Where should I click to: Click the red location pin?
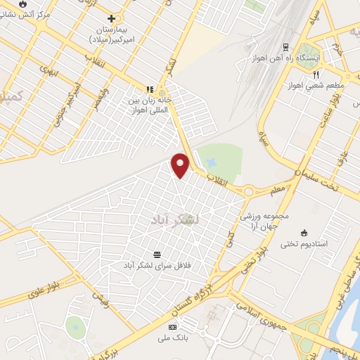click(181, 165)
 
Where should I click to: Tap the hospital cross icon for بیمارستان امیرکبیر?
click(111, 18)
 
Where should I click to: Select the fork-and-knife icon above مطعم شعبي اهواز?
click(316, 74)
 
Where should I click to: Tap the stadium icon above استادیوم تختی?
click(303, 233)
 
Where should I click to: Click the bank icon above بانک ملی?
click(172, 328)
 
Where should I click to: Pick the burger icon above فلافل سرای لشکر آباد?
click(157, 254)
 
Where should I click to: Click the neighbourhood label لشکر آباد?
click(175, 220)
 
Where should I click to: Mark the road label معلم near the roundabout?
click(278, 188)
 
